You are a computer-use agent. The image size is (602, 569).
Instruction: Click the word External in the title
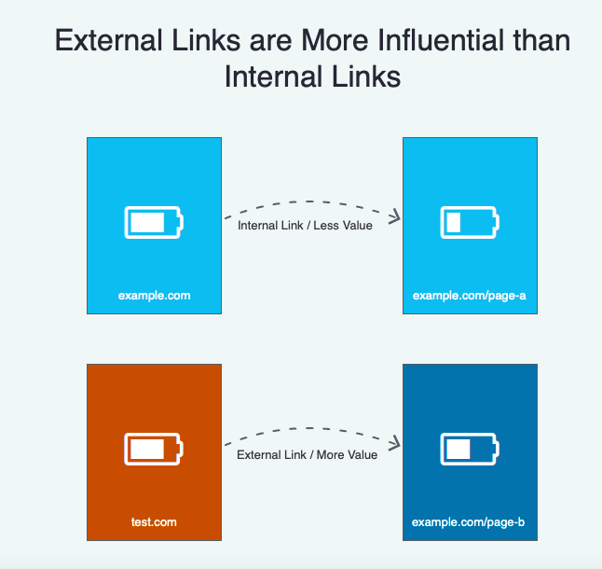[109, 40]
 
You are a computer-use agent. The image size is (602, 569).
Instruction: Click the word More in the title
[335, 40]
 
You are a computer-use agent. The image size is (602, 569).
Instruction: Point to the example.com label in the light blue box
[154, 296]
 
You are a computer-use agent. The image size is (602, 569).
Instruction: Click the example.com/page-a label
[469, 296]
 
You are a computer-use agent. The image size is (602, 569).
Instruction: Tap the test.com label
[154, 522]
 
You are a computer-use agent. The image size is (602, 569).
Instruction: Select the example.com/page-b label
[468, 522]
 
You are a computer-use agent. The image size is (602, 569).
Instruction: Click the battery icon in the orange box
[154, 449]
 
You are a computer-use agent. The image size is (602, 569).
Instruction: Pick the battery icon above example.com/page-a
[470, 222]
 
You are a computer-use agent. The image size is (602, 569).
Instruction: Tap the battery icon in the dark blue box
[470, 449]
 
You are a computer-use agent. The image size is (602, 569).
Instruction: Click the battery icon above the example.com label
[154, 222]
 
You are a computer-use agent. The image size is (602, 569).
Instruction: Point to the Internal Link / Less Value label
[305, 225]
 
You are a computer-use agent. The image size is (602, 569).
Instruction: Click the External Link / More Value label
[307, 454]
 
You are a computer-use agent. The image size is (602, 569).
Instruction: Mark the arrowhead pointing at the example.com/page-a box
[395, 217]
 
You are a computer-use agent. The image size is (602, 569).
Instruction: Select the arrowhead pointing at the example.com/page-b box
[395, 444]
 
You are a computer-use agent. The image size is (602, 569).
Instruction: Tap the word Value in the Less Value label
[356, 225]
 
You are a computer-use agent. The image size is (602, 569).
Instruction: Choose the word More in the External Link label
[329, 454]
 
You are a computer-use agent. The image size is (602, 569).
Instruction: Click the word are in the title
[270, 42]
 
